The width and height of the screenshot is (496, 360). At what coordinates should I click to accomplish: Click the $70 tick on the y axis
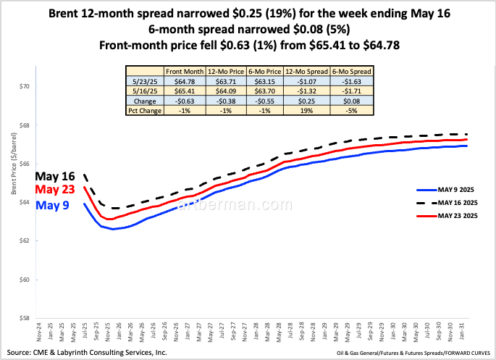25,86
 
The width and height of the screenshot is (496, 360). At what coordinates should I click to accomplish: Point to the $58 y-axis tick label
25,318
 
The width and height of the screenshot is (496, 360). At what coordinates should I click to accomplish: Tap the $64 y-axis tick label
25,202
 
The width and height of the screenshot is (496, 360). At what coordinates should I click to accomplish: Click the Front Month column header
185,71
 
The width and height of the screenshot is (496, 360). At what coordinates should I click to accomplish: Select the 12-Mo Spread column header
307,71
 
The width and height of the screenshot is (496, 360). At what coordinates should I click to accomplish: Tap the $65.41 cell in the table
185,91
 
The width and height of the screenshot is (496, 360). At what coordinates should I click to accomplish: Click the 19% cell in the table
307,112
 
